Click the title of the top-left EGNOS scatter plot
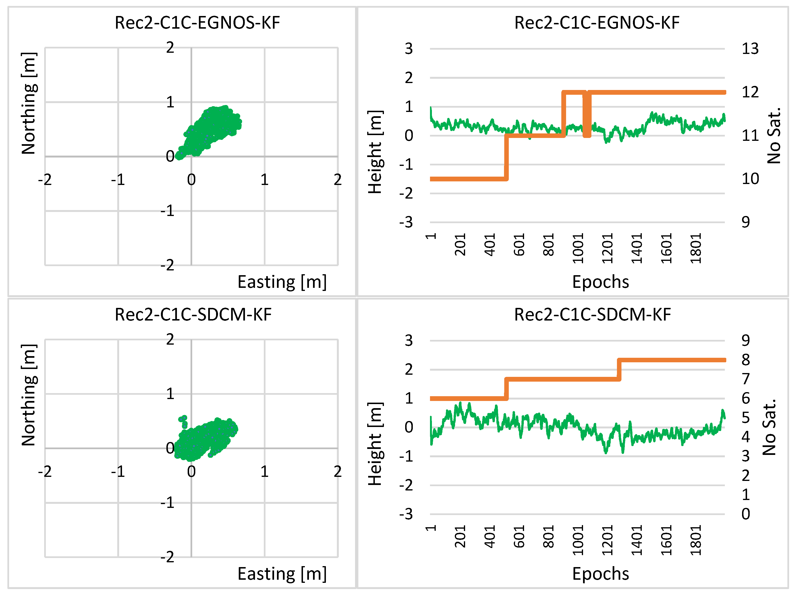coord(197,23)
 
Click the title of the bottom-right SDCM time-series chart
coord(592,314)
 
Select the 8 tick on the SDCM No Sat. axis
coord(746,360)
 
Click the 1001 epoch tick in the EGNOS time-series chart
coord(578,248)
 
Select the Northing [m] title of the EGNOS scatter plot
coord(29,103)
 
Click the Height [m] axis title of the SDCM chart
coord(375,444)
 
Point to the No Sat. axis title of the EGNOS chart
coord(774,136)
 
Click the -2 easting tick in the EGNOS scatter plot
coord(45,179)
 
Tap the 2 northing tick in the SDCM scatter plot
coord(170,339)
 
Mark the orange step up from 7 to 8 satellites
coord(619,370)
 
